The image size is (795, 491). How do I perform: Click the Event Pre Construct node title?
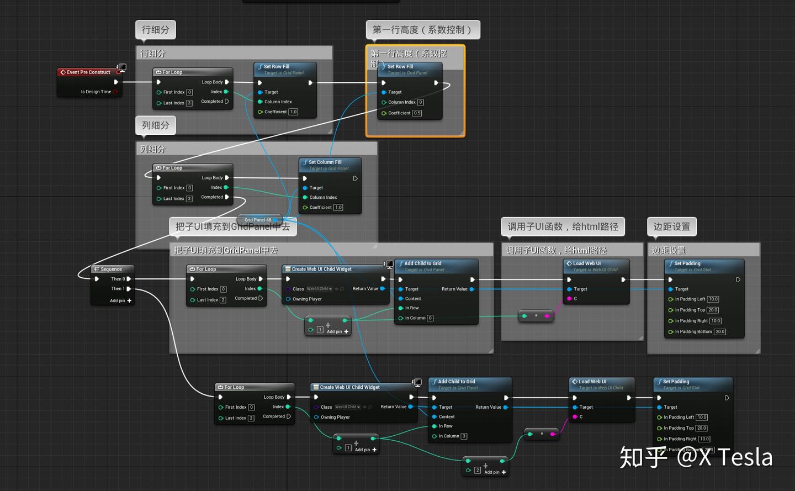88,72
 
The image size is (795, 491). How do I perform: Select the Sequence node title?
111,269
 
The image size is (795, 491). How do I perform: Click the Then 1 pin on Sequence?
129,289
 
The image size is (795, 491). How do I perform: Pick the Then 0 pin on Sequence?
129,279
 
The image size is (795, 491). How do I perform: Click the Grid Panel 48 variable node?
258,220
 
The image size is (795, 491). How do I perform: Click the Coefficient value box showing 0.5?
417,113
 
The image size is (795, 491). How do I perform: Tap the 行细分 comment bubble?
155,30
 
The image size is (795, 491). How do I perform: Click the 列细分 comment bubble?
155,125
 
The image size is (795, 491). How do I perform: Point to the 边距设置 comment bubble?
671,226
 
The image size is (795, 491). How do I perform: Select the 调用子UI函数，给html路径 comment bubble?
563,226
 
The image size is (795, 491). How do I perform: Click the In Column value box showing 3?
464,436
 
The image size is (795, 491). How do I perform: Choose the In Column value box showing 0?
430,318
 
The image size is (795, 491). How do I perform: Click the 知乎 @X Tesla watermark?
696,457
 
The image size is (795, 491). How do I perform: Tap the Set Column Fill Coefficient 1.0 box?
338,208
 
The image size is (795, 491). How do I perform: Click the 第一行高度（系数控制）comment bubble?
422,30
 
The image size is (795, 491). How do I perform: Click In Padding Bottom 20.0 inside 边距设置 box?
720,332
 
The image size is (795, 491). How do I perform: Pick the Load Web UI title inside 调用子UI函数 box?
586,263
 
